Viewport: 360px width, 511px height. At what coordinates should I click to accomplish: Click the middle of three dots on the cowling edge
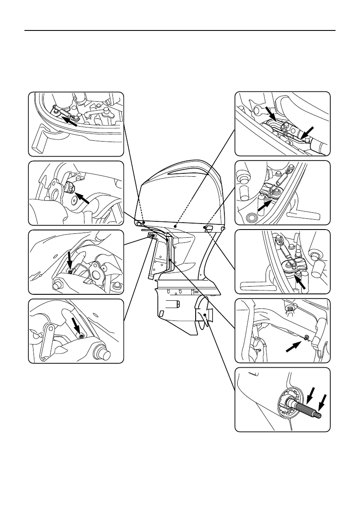175,225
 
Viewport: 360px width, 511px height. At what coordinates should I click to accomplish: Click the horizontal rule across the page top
180,30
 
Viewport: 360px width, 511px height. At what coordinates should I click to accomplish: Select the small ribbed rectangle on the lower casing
173,306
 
